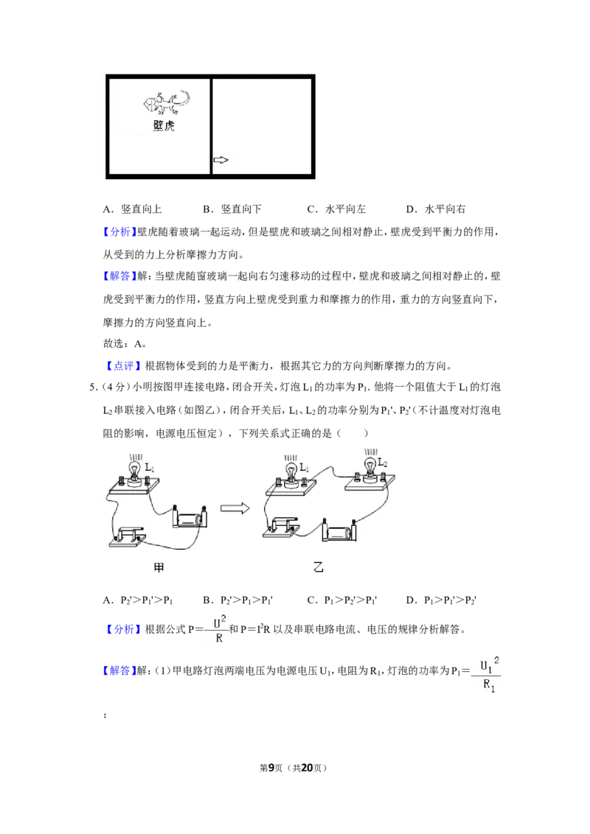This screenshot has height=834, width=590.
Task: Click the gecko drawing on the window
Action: (166, 102)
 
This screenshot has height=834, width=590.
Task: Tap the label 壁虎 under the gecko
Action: (164, 125)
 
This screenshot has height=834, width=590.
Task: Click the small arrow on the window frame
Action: (221, 160)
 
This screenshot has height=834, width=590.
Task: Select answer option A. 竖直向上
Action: (133, 209)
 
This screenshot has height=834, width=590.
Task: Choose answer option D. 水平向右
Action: (436, 209)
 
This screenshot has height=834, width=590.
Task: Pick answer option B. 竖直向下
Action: (232, 209)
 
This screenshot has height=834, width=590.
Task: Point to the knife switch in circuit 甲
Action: (128, 536)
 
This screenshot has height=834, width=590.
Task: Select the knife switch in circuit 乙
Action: (281, 527)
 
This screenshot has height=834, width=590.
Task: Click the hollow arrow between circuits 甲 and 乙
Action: (235, 508)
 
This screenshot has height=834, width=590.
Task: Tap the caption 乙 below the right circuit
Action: (319, 567)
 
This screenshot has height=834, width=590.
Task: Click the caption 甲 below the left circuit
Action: (159, 567)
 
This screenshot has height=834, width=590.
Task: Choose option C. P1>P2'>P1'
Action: (342, 600)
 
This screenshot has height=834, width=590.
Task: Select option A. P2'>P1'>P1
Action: (138, 600)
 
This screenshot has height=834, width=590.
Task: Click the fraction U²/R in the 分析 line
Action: (219, 628)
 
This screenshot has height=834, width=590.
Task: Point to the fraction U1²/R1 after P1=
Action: (487, 674)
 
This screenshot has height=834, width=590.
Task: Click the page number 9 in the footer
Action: (271, 768)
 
